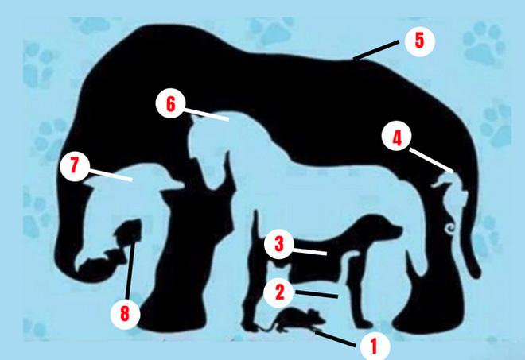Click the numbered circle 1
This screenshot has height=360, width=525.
click(375, 346)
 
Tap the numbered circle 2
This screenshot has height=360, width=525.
click(279, 292)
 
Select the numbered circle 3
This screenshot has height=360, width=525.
click(279, 244)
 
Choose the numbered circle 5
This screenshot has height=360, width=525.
click(420, 41)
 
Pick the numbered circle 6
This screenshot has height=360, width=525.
click(171, 103)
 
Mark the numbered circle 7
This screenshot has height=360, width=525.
click(75, 166)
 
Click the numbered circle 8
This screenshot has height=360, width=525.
click(125, 314)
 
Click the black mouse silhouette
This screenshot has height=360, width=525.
click(294, 319)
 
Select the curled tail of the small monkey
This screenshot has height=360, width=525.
click(449, 229)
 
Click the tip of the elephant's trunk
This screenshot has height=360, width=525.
click(78, 268)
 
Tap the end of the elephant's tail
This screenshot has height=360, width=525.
click(476, 272)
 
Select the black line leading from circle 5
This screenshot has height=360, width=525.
click(376, 51)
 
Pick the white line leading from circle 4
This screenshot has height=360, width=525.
click(432, 161)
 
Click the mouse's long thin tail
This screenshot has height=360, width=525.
click(266, 327)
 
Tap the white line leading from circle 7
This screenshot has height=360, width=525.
click(111, 176)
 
